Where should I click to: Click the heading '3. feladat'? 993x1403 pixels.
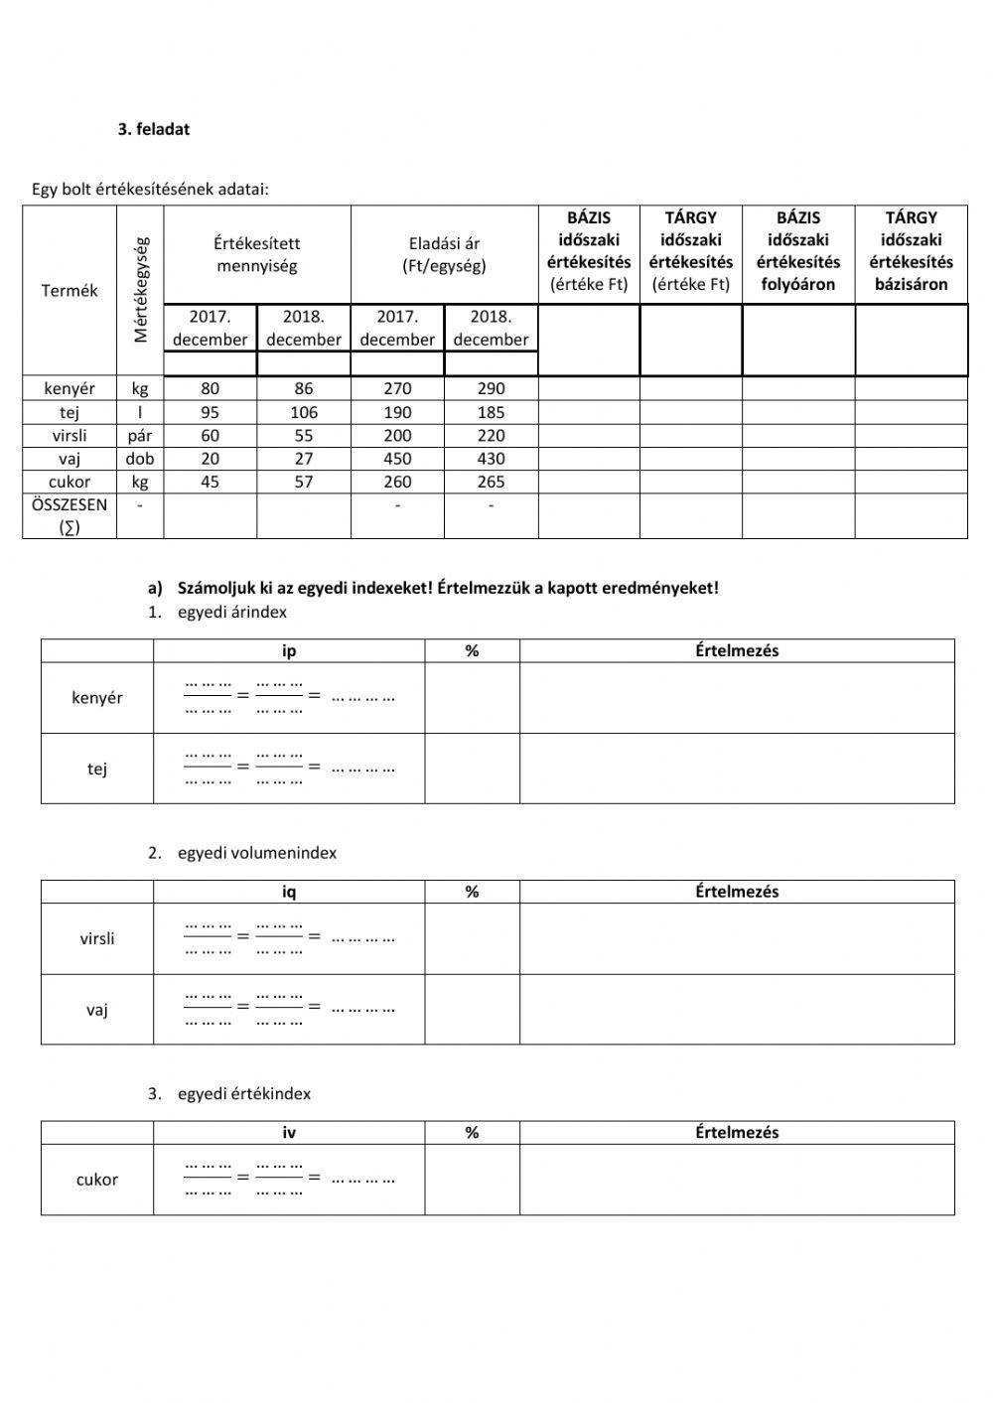pyautogui.click(x=154, y=129)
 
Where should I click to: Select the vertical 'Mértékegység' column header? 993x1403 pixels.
pyautogui.click(x=140, y=289)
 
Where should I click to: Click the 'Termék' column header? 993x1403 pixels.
pyautogui.click(x=70, y=290)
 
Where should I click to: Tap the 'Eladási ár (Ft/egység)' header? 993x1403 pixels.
pyautogui.click(x=444, y=254)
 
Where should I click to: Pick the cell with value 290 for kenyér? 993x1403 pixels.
pyautogui.click(x=491, y=388)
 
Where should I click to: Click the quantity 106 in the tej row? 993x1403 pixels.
pyautogui.click(x=304, y=412)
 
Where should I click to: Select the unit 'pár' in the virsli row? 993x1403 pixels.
pyautogui.click(x=140, y=435)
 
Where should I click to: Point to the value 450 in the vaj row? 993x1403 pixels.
pyautogui.click(x=397, y=459)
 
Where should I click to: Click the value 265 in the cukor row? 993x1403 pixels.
pyautogui.click(x=491, y=482)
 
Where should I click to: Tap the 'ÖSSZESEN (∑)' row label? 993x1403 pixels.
pyautogui.click(x=70, y=515)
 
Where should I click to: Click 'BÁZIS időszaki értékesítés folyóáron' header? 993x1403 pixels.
pyautogui.click(x=798, y=250)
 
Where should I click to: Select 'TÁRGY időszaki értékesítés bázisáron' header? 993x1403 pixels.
pyautogui.click(x=911, y=250)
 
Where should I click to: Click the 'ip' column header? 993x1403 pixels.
pyautogui.click(x=289, y=651)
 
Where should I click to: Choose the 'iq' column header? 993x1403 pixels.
pyautogui.click(x=289, y=892)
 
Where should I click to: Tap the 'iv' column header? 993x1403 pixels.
pyautogui.click(x=289, y=1132)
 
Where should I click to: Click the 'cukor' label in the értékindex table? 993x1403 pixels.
pyautogui.click(x=97, y=1180)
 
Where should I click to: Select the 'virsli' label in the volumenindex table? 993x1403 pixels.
pyautogui.click(x=97, y=938)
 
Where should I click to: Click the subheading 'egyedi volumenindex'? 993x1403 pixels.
pyautogui.click(x=256, y=853)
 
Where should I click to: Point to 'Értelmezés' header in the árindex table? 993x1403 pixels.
pyautogui.click(x=737, y=651)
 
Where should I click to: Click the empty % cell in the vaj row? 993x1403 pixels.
pyautogui.click(x=472, y=1009)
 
